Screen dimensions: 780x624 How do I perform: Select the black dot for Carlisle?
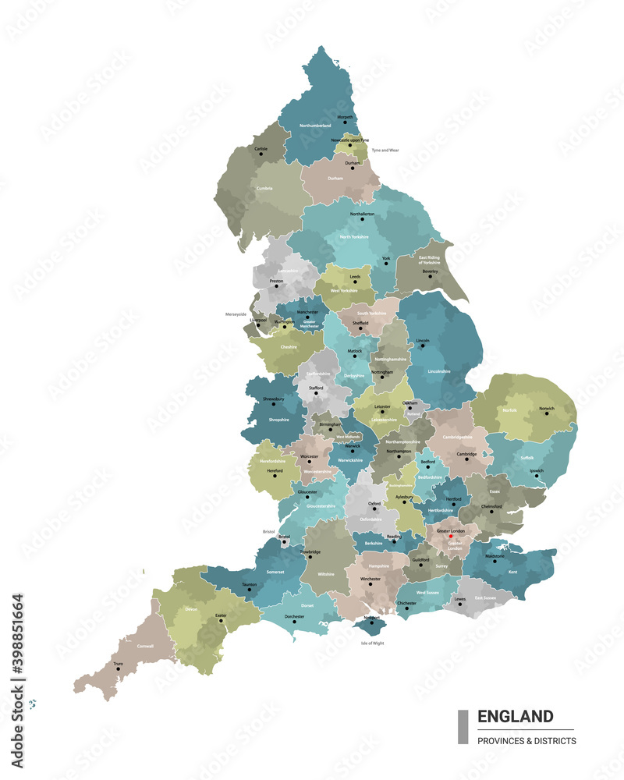(x=261, y=154)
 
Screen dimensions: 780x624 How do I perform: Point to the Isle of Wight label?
(x=373, y=643)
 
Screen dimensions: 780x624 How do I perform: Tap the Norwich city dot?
(x=547, y=413)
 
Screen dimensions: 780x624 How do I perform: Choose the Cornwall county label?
(x=145, y=646)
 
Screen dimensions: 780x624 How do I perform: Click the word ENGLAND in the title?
(x=516, y=716)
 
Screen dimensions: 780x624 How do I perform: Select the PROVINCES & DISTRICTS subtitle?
(x=526, y=740)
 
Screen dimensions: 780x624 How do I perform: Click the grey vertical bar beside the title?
(x=463, y=727)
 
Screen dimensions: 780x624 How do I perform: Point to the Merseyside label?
(x=236, y=314)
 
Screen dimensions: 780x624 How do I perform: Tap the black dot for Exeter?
(x=221, y=621)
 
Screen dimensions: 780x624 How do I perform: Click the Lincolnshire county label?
(x=440, y=371)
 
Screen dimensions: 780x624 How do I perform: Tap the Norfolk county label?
(x=509, y=409)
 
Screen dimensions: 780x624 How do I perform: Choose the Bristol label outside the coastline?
(x=269, y=531)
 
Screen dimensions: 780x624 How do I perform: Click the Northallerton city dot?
(x=362, y=219)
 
